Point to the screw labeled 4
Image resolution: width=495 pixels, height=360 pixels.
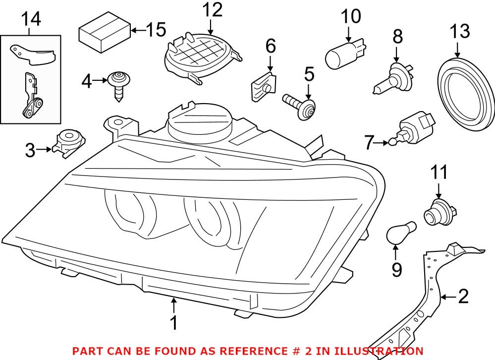pyautogui.click(x=118, y=84)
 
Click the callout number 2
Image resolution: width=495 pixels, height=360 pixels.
pyautogui.click(x=463, y=297)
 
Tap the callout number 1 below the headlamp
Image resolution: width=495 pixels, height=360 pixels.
pyautogui.click(x=173, y=323)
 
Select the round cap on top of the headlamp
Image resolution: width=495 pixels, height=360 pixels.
pyautogui.click(x=200, y=121)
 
